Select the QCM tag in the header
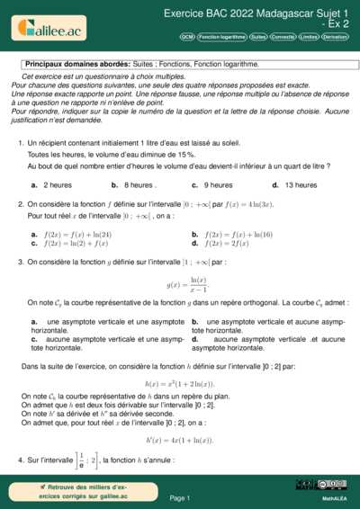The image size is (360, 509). point(187,38)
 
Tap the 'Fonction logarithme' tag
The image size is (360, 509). point(222,38)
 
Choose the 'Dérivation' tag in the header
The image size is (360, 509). point(337,38)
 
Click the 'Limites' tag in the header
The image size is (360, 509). point(309,38)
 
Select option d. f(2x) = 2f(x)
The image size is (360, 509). point(228,243)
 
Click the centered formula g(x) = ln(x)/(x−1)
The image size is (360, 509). point(182,285)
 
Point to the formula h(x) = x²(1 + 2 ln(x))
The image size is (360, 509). point(180,383)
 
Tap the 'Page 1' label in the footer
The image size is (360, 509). point(180,497)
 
